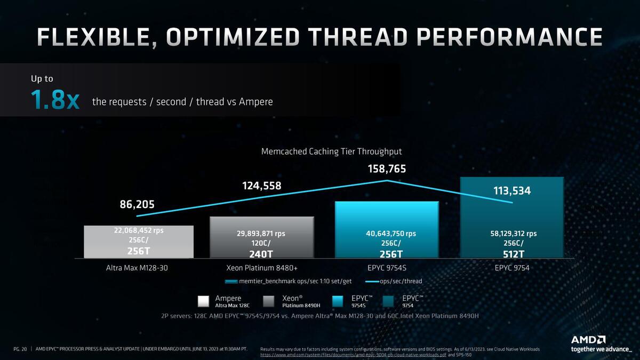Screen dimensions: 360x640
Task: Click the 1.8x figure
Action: (55, 100)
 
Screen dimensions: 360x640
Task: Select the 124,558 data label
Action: (261, 186)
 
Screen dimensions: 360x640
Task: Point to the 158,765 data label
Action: (387, 169)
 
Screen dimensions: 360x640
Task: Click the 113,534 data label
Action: (511, 190)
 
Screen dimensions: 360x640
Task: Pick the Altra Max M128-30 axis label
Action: (137, 268)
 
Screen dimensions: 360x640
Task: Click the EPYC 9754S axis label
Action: (387, 268)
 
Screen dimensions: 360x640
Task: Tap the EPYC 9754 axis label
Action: (511, 268)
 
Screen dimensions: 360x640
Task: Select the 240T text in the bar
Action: (261, 254)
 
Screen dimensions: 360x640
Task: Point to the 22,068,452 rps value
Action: (138, 230)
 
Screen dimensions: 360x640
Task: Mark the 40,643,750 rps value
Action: (387, 233)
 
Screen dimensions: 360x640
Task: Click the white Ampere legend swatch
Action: (203, 301)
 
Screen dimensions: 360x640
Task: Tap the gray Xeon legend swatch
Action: (270, 301)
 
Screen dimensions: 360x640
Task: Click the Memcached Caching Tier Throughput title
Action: (332, 151)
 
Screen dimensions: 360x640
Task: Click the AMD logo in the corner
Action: (588, 340)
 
